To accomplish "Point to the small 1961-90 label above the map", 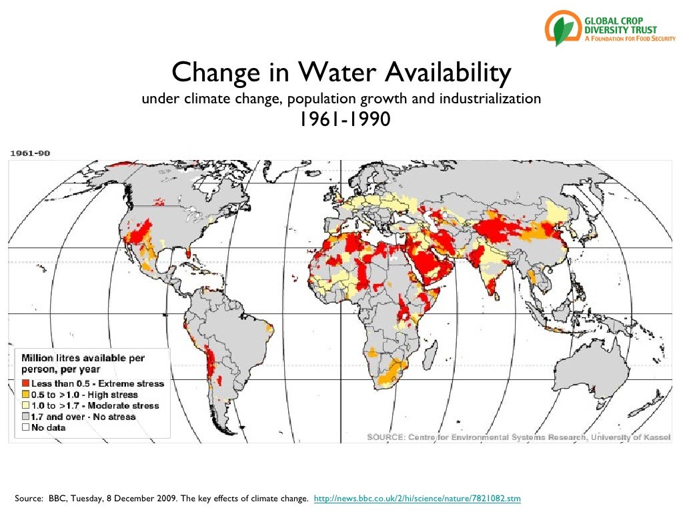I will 29,153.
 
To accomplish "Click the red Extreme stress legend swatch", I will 25,384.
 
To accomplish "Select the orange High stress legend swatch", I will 25,395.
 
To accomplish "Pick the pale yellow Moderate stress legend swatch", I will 25,405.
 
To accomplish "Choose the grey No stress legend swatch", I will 25,417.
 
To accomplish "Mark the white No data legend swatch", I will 25,427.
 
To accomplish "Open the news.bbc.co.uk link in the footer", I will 417,498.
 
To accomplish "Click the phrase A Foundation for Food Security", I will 630,39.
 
